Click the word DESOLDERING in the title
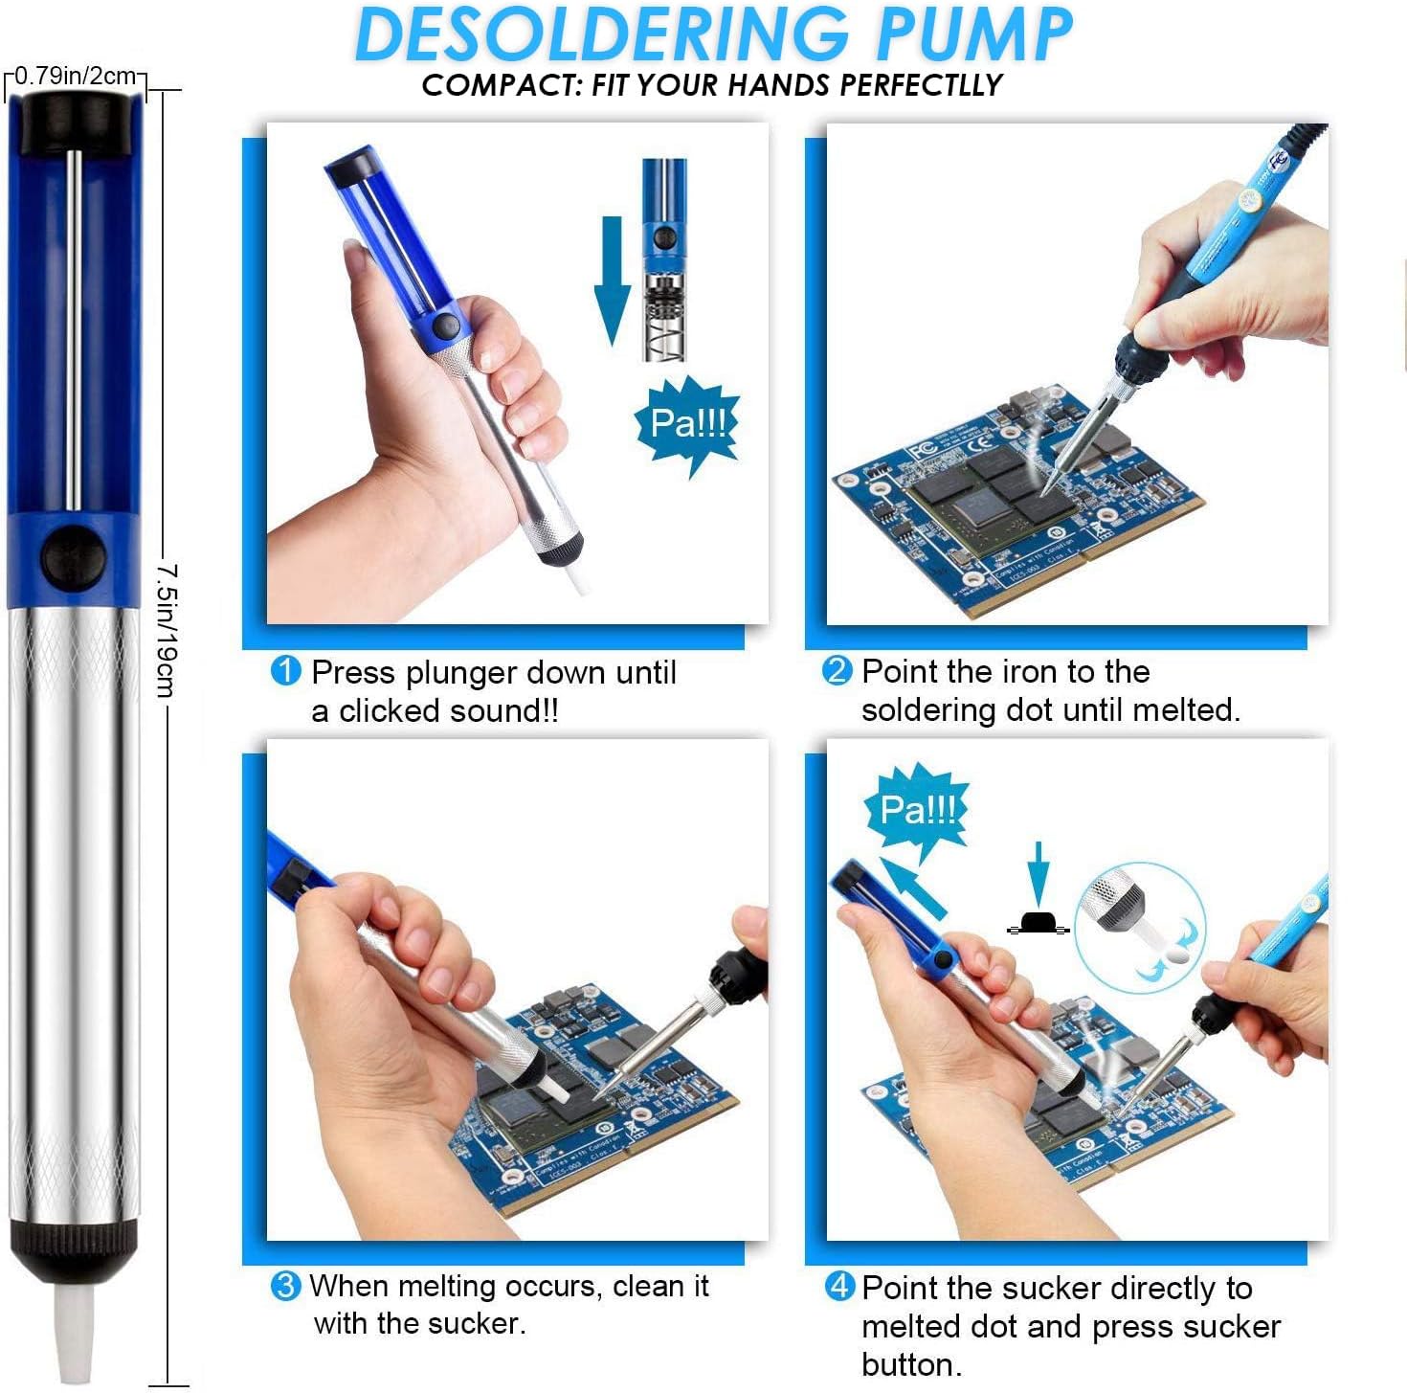click(x=601, y=34)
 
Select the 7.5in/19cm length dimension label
click(x=167, y=632)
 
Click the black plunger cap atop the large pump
click(x=75, y=123)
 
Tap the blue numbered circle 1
click(x=286, y=671)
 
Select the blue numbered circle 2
click(x=837, y=670)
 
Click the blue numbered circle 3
click(x=285, y=1285)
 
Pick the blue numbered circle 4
click(x=838, y=1286)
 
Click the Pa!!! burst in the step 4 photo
click(x=917, y=810)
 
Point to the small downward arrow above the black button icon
click(x=1038, y=872)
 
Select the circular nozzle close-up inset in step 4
click(x=1139, y=925)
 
